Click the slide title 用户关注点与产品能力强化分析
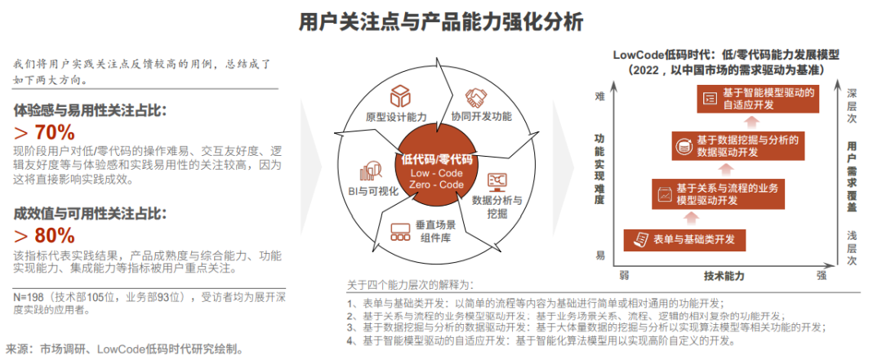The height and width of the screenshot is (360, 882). pos(442,22)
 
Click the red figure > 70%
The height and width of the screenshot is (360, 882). pos(44,132)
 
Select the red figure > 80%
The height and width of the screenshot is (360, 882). pos(44,236)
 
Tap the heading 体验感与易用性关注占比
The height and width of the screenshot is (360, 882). pos(90,109)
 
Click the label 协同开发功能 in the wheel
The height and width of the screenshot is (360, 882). pos(482,116)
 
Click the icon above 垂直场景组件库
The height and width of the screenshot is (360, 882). pos(400,230)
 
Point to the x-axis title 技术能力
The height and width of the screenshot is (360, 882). pos(723,276)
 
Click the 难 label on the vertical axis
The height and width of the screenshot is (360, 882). pos(599,96)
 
